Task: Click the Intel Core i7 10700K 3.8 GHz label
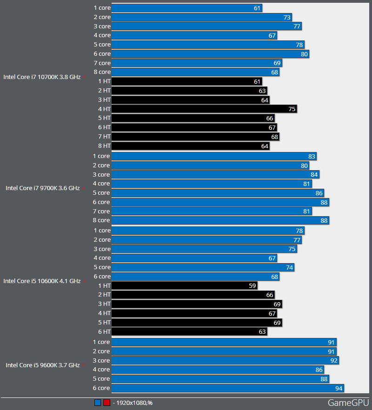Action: point(42,77)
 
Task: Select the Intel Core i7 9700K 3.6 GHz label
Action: point(43,188)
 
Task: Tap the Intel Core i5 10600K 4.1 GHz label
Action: point(42,281)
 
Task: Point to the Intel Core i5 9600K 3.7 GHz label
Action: point(43,365)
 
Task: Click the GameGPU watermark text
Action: point(348,403)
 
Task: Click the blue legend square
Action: point(98,403)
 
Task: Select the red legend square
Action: point(106,403)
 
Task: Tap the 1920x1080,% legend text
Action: point(133,403)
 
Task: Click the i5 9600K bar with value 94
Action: point(228,388)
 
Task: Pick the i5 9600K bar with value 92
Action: point(225,360)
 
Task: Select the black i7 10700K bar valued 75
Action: point(204,109)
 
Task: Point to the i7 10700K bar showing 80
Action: point(210,54)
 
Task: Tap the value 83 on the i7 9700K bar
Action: point(312,156)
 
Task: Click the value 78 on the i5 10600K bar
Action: point(299,231)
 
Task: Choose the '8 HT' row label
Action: point(104,145)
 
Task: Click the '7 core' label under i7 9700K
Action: point(101,211)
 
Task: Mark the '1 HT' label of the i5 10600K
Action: point(104,285)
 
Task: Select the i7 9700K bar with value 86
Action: point(218,193)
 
